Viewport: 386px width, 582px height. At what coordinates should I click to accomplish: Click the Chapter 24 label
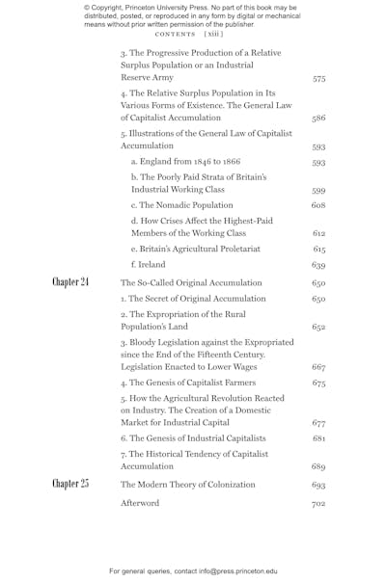[x=70, y=282]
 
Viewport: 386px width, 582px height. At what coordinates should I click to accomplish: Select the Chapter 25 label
[x=70, y=484]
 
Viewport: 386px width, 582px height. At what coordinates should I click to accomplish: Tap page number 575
[x=318, y=77]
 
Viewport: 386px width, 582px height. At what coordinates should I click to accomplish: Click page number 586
[x=318, y=119]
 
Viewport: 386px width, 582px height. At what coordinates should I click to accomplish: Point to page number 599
[x=318, y=191]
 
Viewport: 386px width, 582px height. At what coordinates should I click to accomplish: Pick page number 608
[x=318, y=205]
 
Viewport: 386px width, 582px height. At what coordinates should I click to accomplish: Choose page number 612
[x=318, y=234]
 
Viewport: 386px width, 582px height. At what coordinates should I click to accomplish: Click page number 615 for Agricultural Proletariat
[x=318, y=249]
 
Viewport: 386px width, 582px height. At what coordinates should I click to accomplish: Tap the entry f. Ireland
[x=148, y=264]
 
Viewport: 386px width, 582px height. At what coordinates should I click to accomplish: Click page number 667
[x=318, y=367]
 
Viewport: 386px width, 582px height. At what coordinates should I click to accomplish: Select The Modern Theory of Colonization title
[x=187, y=484]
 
